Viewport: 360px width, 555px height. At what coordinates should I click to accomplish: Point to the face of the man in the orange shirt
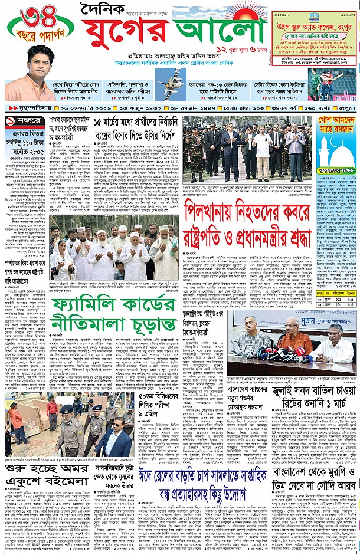40,58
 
